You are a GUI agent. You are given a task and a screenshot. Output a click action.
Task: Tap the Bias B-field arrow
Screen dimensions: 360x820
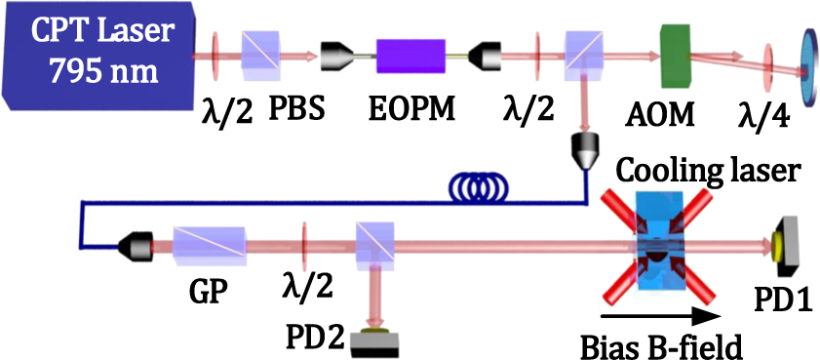tap(663, 315)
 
